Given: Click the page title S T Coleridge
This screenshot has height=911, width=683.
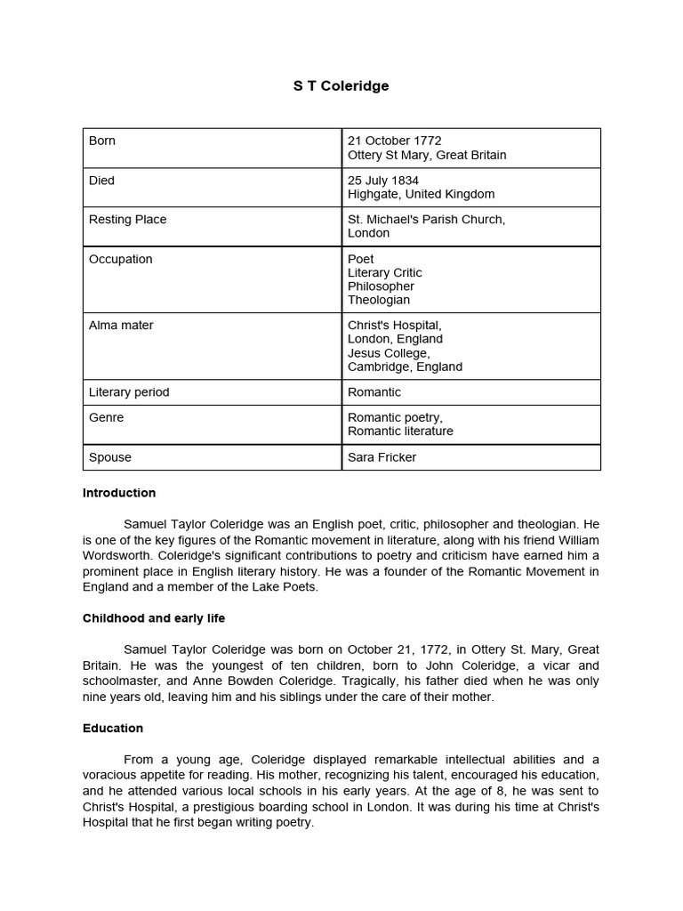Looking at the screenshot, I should (x=341, y=86).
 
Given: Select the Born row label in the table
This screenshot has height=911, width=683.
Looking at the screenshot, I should (x=102, y=141).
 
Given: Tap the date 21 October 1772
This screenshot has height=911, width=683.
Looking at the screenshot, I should (x=394, y=141).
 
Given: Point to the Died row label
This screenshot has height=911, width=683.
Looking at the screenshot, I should (x=101, y=181).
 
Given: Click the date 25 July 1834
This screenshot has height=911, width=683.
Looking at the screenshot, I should (x=383, y=181).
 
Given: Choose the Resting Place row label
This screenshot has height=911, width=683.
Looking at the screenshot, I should (x=127, y=220).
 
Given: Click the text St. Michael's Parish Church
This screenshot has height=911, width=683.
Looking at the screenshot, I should (x=426, y=220).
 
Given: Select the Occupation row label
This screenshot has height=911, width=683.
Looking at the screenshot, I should (x=120, y=260).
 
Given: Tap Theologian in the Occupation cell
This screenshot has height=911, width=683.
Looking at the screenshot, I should (x=379, y=301).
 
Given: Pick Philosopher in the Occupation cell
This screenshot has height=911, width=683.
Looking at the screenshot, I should (x=381, y=286).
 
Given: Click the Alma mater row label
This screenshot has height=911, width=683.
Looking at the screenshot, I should (x=121, y=326).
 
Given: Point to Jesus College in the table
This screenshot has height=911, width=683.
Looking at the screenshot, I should (x=389, y=353).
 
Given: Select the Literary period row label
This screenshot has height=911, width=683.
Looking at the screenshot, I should (x=129, y=392).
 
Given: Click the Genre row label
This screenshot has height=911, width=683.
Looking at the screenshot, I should (x=106, y=417).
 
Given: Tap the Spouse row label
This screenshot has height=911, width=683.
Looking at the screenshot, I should (x=109, y=457).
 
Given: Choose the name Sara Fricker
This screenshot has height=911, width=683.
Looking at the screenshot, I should (x=382, y=457).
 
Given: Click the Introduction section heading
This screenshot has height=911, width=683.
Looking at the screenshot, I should (x=119, y=493).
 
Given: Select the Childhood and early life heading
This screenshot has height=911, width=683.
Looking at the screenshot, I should (x=154, y=618).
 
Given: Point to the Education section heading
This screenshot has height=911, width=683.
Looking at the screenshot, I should (x=113, y=729).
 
